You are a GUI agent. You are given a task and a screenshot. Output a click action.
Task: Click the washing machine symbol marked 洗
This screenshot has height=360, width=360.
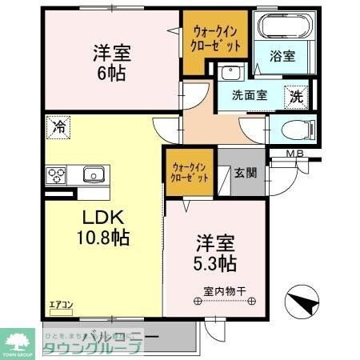297,96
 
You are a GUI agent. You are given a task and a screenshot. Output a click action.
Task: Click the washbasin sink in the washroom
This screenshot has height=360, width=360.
231,73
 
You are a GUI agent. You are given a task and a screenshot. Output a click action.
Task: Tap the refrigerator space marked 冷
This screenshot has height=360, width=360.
58,126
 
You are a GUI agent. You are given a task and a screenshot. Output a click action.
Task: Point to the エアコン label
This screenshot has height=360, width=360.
60,305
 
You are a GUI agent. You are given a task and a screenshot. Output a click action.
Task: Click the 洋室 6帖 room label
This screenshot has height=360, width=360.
111,61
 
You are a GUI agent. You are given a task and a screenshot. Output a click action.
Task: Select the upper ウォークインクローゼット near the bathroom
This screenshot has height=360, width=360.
213,37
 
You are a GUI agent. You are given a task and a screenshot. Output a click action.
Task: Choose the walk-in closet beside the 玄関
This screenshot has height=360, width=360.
190,173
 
